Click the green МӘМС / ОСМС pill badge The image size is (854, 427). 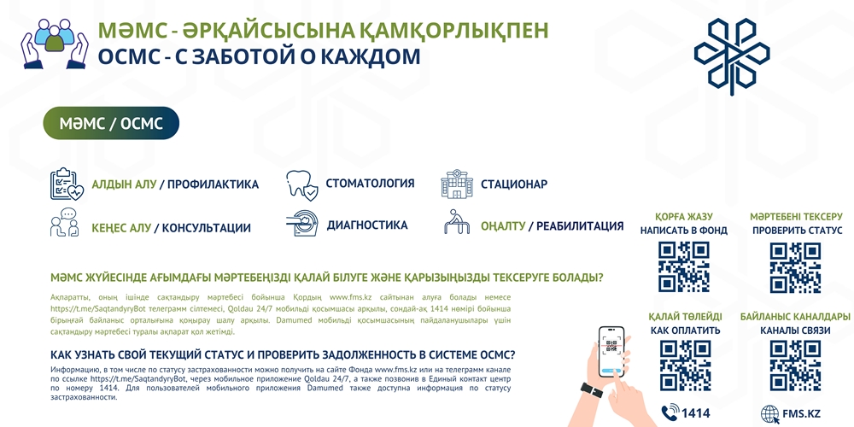[111, 123]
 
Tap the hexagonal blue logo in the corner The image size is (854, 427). [732, 53]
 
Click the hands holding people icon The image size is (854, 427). [55, 43]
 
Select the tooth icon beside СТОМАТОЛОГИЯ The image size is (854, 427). [302, 185]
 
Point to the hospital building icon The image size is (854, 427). [457, 184]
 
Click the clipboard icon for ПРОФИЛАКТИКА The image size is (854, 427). [67, 184]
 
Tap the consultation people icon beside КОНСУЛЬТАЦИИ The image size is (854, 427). [64, 223]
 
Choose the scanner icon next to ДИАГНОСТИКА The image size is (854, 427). [301, 224]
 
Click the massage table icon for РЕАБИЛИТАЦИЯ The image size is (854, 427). [456, 222]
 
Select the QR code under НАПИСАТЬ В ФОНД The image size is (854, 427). [683, 267]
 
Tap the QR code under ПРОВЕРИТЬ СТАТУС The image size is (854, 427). [795, 267]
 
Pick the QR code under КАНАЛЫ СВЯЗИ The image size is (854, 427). [795, 366]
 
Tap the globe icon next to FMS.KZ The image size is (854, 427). [769, 412]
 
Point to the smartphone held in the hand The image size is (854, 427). [611, 352]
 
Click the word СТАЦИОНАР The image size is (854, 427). [513, 184]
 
